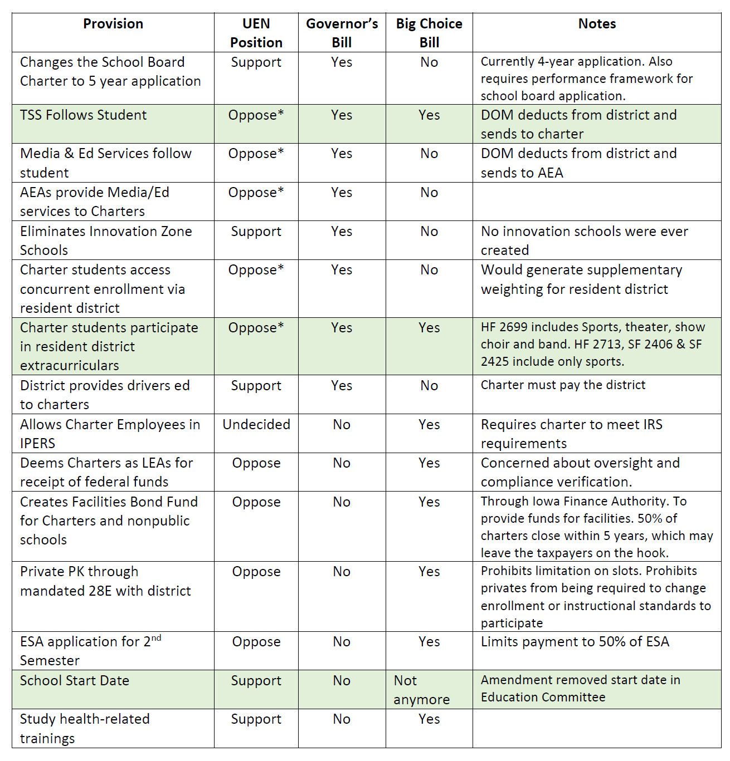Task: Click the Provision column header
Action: (x=113, y=24)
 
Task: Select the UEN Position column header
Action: (x=256, y=33)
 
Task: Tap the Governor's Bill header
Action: (x=342, y=33)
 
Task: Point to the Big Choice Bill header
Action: (x=429, y=33)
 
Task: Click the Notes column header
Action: (x=597, y=24)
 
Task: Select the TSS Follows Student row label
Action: (x=84, y=115)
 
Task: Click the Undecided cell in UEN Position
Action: (x=256, y=425)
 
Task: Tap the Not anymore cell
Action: (x=421, y=690)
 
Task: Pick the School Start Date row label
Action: (x=75, y=681)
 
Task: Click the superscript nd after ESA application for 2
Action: (x=156, y=638)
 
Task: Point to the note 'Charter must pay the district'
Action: (x=563, y=385)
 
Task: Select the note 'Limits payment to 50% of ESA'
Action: (x=575, y=642)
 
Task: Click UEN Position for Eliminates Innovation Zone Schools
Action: (x=256, y=232)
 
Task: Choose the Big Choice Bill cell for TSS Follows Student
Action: (x=429, y=115)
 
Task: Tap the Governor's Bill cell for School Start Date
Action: (x=342, y=681)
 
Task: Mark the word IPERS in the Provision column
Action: (x=38, y=444)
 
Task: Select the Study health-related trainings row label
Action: (x=85, y=728)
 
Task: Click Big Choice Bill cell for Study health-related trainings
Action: (x=429, y=719)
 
